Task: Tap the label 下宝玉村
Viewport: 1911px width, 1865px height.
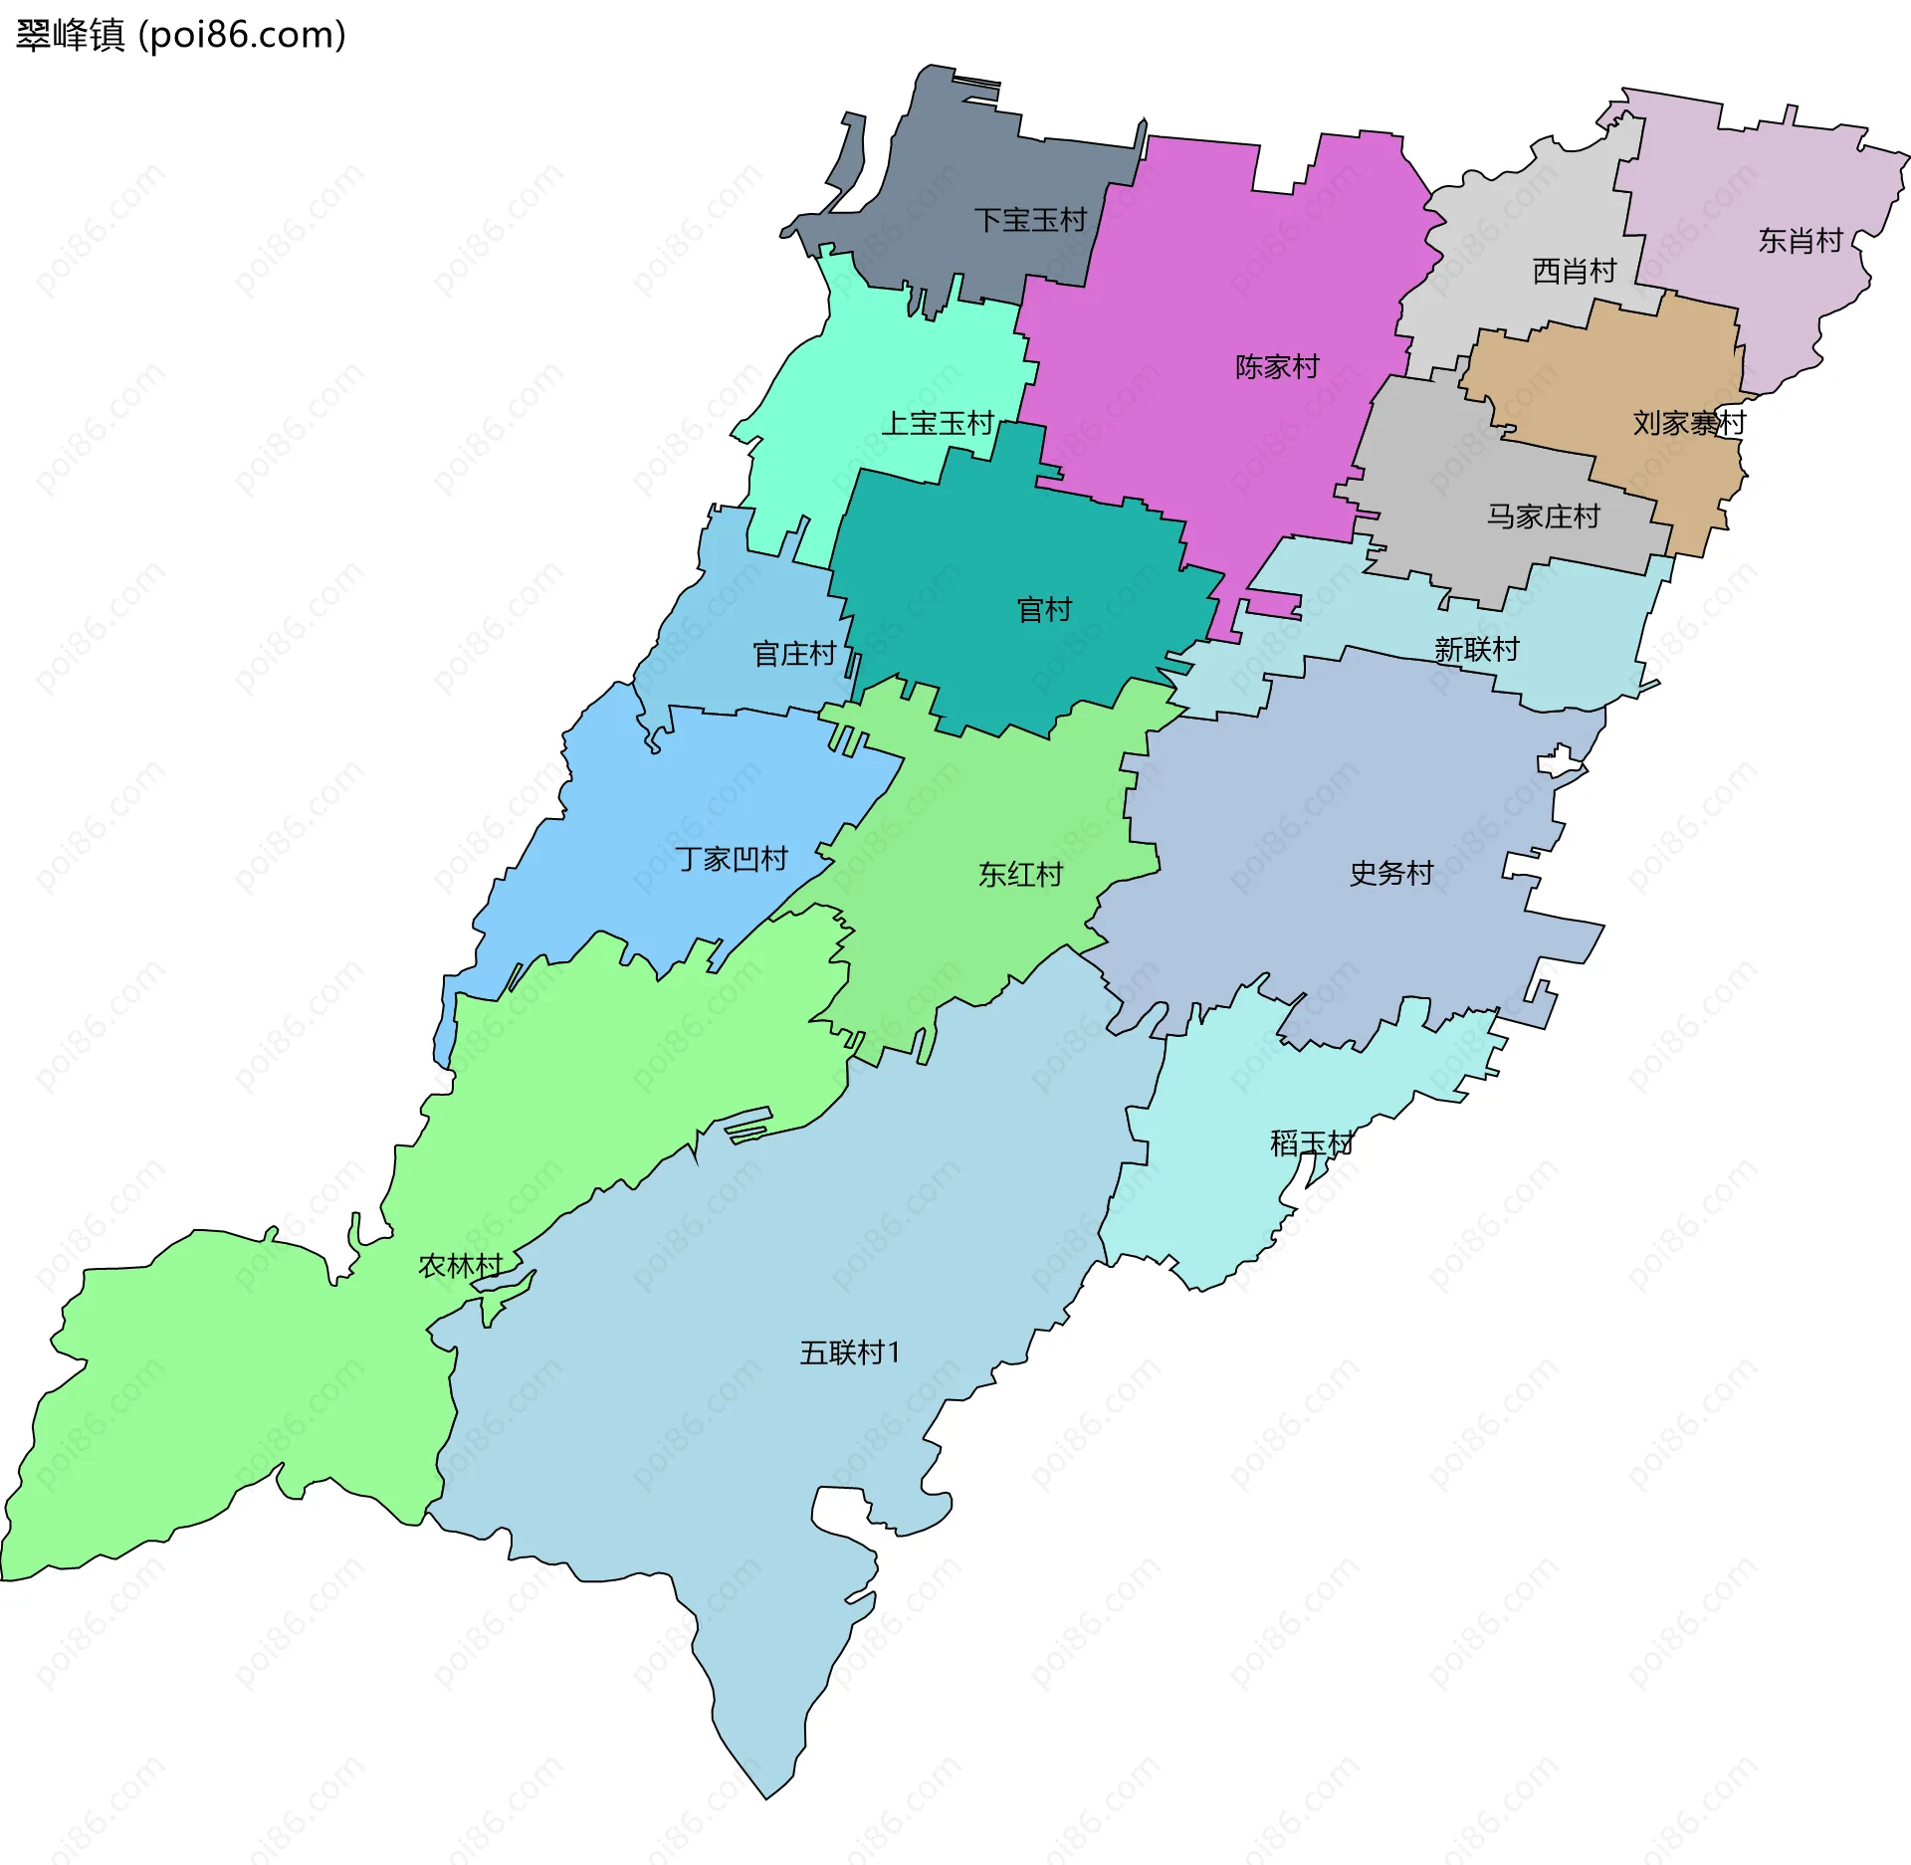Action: click(1029, 220)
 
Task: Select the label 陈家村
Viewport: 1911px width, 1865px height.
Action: click(1277, 366)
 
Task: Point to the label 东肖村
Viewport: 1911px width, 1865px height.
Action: click(1800, 240)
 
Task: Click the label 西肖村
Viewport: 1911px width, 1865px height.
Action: click(1574, 271)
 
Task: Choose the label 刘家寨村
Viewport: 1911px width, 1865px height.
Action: click(1689, 423)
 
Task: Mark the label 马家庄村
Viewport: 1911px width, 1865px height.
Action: click(1543, 517)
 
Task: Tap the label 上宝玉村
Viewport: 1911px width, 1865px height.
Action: click(938, 423)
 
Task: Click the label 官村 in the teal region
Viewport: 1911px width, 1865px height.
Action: click(1044, 609)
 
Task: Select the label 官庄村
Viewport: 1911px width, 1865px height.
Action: click(793, 654)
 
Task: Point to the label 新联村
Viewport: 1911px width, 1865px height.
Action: click(1476, 650)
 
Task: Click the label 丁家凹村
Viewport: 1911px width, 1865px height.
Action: click(732, 859)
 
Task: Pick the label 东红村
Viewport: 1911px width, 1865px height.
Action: click(1020, 875)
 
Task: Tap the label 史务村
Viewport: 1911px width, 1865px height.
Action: click(1390, 873)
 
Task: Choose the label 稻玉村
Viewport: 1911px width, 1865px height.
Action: click(1311, 1143)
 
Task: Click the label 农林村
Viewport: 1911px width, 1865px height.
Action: click(460, 1266)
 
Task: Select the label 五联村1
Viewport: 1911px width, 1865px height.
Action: click(850, 1352)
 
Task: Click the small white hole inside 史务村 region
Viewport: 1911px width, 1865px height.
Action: click(1558, 763)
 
